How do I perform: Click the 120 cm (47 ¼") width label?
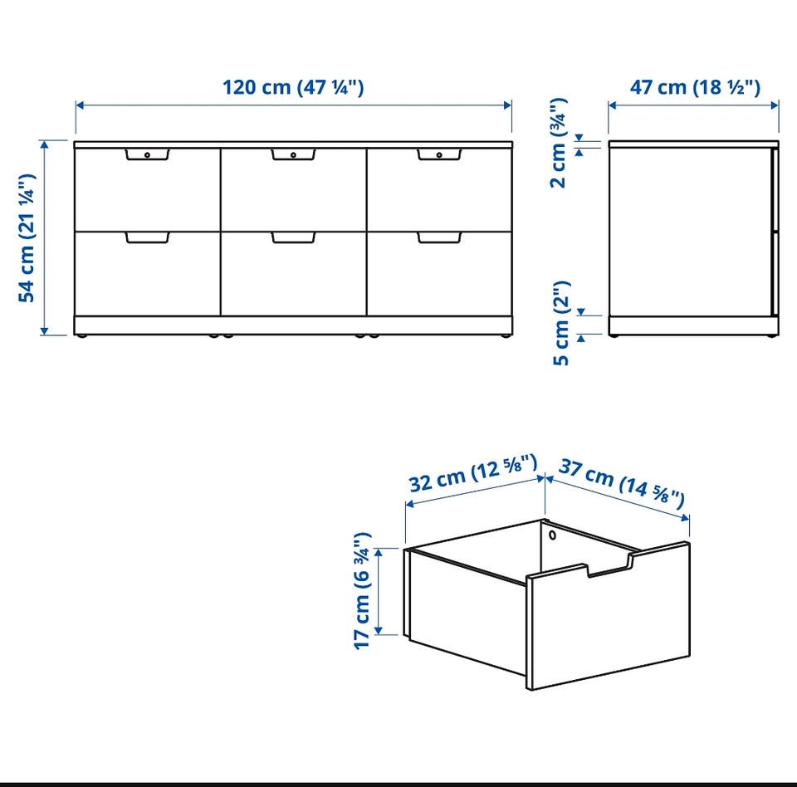click(293, 87)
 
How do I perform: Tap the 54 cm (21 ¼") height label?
click(27, 238)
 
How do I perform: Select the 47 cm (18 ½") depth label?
click(695, 87)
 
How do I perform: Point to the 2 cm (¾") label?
click(559, 143)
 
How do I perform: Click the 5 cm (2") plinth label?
click(561, 323)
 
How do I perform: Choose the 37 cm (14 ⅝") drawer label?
click(622, 483)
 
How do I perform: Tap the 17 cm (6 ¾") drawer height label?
click(363, 591)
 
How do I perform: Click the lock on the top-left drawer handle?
click(148, 154)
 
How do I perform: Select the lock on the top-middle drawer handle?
click(293, 154)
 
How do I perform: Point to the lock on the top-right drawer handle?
click(440, 154)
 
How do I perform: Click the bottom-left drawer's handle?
click(148, 237)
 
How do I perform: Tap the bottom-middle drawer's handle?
click(293, 237)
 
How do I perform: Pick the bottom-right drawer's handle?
click(440, 237)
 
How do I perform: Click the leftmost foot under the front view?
click(81, 336)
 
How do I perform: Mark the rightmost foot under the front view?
click(506, 336)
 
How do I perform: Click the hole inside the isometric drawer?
click(553, 535)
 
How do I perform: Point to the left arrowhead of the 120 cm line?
click(80, 105)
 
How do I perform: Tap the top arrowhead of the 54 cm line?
click(45, 144)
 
